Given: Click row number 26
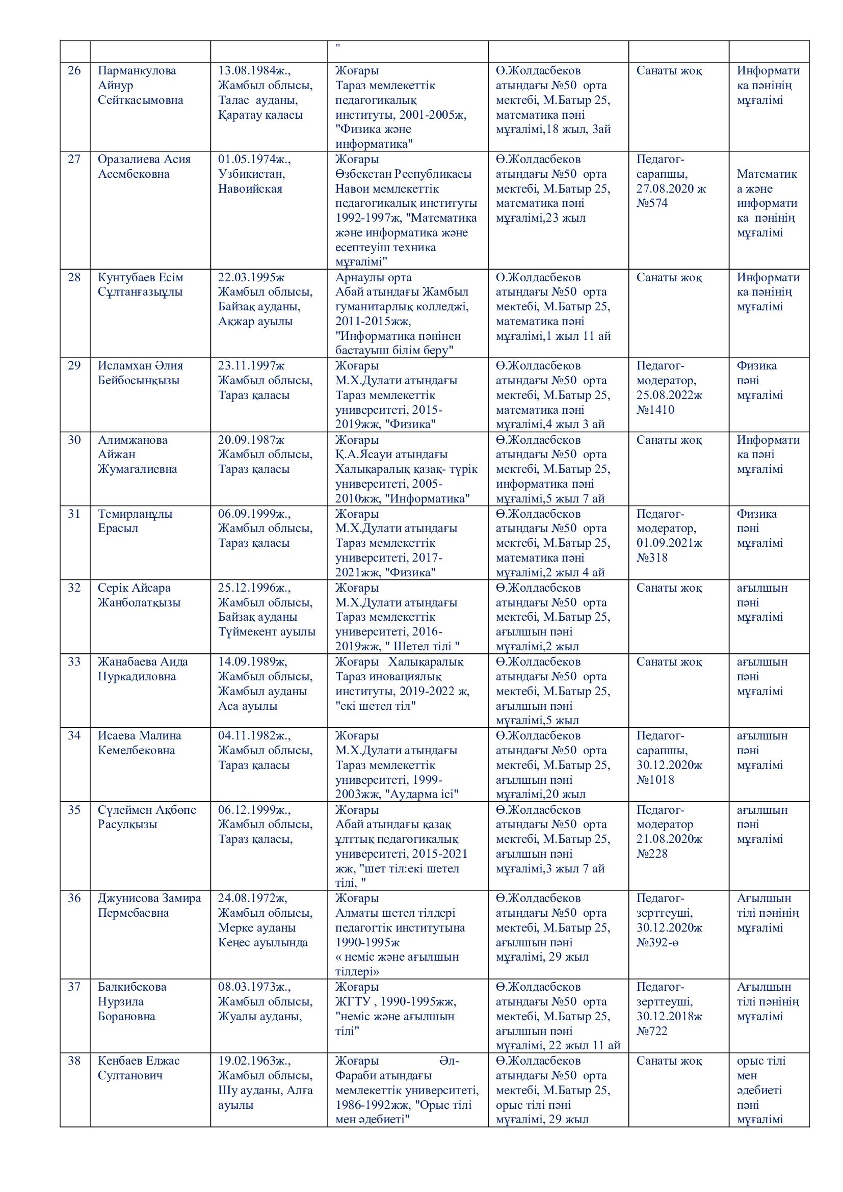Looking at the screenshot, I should coord(74,71).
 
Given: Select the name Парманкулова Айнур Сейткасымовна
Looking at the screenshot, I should coord(140,85).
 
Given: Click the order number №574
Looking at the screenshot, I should coord(652,203).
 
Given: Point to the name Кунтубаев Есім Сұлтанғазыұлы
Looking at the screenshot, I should coord(140,284).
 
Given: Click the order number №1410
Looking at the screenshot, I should coord(655,410).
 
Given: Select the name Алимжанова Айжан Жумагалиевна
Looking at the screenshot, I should coord(138,454).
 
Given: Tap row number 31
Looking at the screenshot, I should coord(74,514).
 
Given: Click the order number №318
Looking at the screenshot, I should coord(652,558).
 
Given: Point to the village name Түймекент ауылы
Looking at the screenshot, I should coord(266,632).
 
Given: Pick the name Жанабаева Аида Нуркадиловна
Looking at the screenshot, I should coord(143,669).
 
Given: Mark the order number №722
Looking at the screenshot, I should coord(652,1031).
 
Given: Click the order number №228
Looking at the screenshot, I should coord(652,854).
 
